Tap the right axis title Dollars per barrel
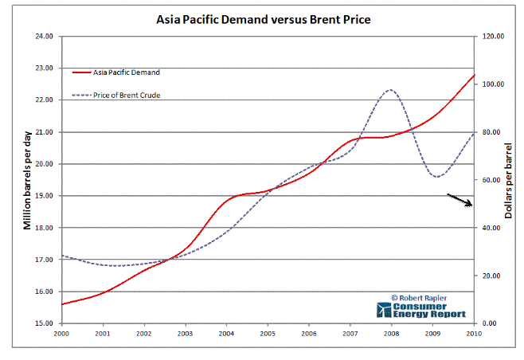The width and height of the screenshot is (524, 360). point(509,180)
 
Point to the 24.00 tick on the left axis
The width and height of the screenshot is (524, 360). point(44,37)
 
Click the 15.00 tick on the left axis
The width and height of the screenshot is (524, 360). point(44,323)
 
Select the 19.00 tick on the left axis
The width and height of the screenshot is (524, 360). point(44,196)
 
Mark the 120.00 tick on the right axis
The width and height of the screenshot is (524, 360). point(491,37)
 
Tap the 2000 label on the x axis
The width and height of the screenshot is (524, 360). point(62,333)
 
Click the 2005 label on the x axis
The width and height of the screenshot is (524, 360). point(268,333)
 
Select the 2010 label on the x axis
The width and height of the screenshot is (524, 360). point(474,333)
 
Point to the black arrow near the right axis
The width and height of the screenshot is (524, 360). point(459,200)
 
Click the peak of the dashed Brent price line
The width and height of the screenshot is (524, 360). point(389,90)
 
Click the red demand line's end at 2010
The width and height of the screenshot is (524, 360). point(474,75)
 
